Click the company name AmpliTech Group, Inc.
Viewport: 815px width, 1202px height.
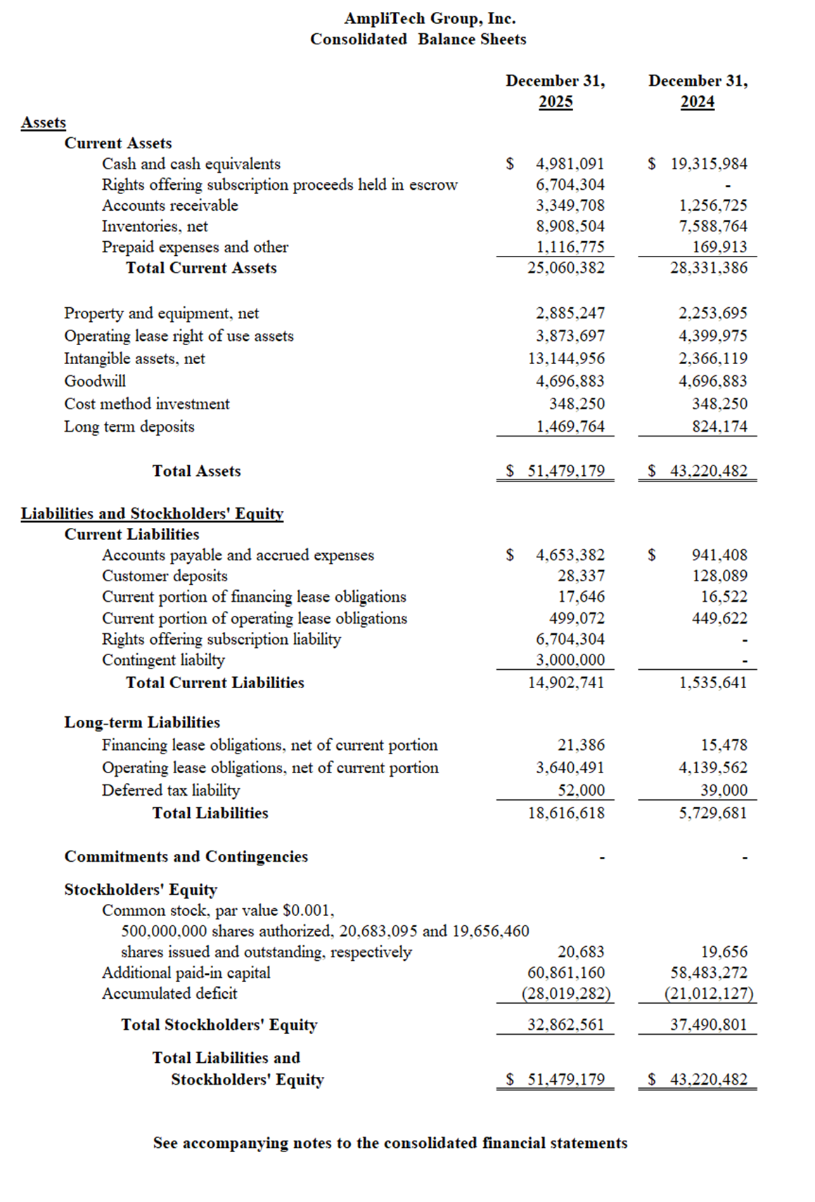pos(430,18)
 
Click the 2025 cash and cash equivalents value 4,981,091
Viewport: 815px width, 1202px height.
pos(570,164)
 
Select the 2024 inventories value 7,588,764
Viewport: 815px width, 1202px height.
pos(712,226)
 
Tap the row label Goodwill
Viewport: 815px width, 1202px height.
pos(95,381)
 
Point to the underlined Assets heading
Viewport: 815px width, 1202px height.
pos(44,122)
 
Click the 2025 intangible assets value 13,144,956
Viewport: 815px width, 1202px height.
pos(566,358)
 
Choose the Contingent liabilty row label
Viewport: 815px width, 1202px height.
pos(163,660)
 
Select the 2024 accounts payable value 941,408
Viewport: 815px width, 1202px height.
pos(719,555)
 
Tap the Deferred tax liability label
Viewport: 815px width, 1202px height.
pos(171,790)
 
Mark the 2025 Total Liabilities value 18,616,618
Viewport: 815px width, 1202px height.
pos(566,813)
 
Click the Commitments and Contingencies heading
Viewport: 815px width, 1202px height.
pos(186,857)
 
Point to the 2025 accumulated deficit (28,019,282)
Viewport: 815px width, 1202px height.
pos(566,994)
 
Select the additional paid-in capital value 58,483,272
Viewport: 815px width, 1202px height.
pos(709,973)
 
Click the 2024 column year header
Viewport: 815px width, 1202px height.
pos(697,102)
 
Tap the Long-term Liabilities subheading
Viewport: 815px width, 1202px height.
pos(142,723)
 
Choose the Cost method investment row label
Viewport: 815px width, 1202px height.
pos(147,404)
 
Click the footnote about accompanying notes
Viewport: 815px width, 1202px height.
pos(390,1143)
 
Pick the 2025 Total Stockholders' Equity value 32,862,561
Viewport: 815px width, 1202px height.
pos(566,1025)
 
